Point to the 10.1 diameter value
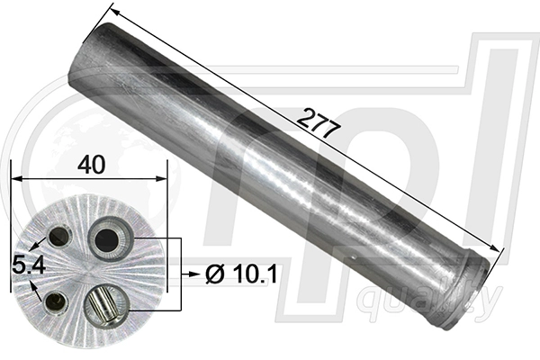coord(244,275)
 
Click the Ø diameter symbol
coord(213,275)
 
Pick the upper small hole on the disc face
coord(59,237)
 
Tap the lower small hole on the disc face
coord(57,302)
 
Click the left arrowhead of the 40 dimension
coord(15,180)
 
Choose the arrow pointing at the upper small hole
coord(38,244)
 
